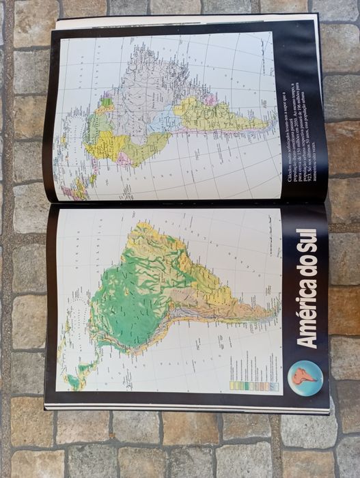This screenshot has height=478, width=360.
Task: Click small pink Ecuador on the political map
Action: tap(123, 163)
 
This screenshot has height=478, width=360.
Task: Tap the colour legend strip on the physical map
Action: tap(260, 385)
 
